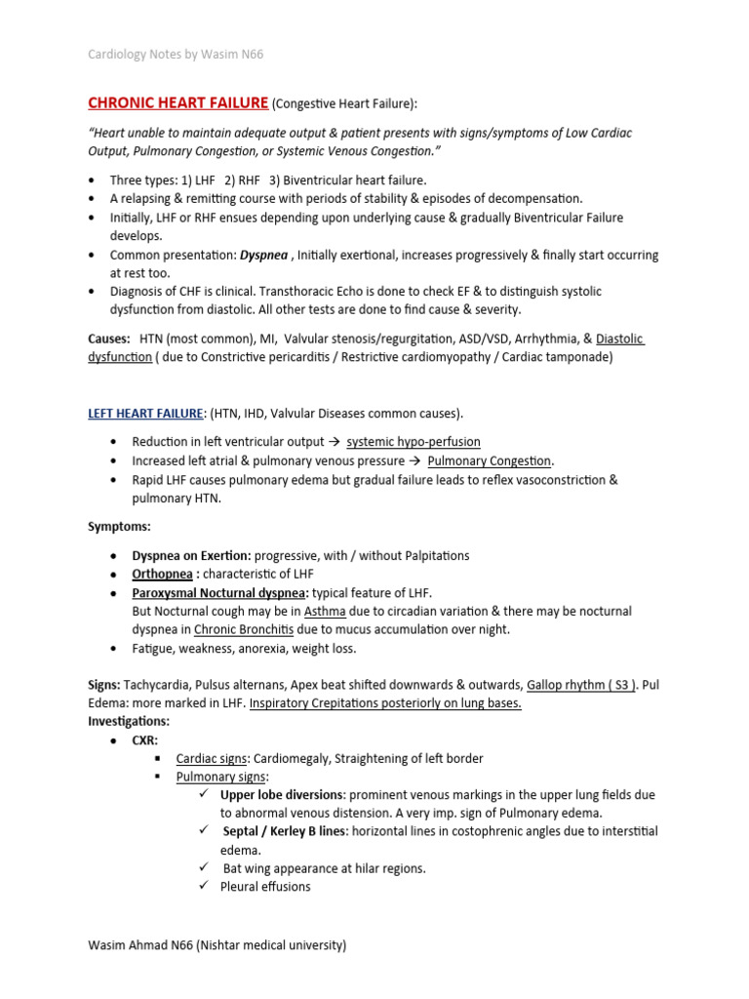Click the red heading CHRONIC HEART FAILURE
pyautogui.click(x=177, y=103)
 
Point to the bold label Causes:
pyautogui.click(x=108, y=338)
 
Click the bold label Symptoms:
pyautogui.click(x=119, y=526)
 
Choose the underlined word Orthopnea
pyautogui.click(x=162, y=574)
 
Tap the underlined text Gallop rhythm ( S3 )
pyautogui.click(x=581, y=685)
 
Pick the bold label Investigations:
pyautogui.click(x=129, y=721)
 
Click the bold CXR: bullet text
pyautogui.click(x=145, y=740)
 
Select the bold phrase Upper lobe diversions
pyautogui.click(x=281, y=794)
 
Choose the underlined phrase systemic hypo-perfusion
pyautogui.click(x=414, y=442)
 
